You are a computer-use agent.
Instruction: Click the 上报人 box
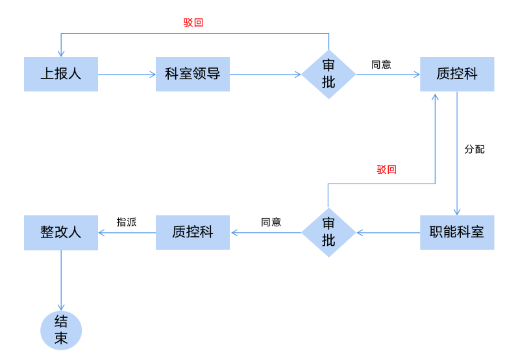(61, 74)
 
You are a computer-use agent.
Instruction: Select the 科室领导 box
(193, 74)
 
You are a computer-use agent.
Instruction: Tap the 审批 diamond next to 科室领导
(328, 74)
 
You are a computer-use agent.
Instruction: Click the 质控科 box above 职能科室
(457, 74)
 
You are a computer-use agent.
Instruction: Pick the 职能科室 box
(457, 232)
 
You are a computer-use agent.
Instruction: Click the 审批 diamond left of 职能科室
(328, 232)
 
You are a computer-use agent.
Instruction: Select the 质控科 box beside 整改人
(193, 232)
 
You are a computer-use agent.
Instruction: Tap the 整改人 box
(61, 233)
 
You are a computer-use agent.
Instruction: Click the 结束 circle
(61, 330)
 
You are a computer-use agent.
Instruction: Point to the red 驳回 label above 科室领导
(193, 23)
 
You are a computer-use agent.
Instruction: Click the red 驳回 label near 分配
(386, 169)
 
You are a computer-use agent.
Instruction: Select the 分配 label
(475, 149)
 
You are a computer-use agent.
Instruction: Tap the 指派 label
(127, 222)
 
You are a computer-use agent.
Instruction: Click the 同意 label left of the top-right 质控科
(381, 64)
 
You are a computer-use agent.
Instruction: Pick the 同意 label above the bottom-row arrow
(271, 222)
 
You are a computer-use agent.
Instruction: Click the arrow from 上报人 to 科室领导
(127, 74)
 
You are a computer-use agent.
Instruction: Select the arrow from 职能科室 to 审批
(388, 233)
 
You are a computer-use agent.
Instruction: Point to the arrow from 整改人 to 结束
(61, 280)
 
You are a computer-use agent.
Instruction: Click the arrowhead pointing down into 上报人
(61, 53)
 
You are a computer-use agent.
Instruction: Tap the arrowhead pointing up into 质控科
(435, 97)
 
